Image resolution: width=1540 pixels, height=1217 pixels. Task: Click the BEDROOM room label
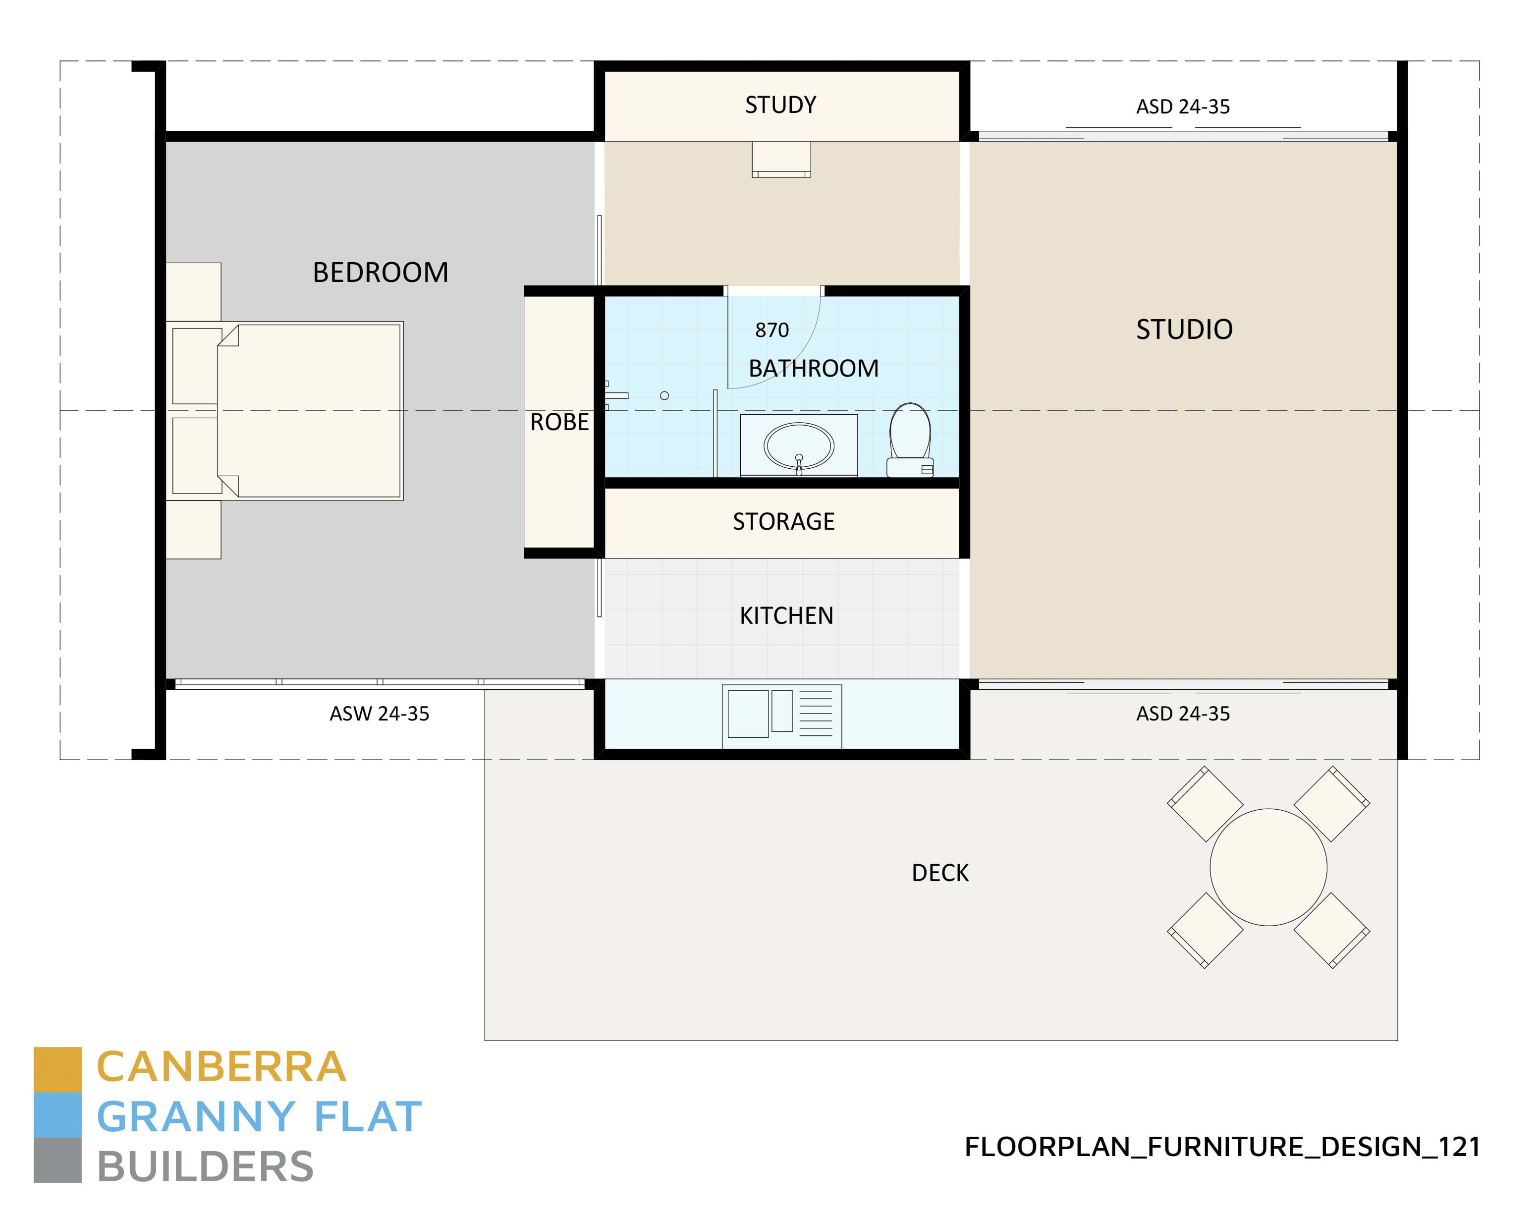click(x=381, y=273)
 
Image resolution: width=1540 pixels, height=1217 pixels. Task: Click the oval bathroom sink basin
click(x=799, y=446)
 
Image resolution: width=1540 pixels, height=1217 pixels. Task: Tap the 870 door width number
click(x=771, y=331)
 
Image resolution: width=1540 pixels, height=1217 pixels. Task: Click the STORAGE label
click(x=783, y=522)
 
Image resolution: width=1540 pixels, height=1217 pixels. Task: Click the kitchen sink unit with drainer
click(x=781, y=716)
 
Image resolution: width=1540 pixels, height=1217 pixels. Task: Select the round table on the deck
click(x=1268, y=867)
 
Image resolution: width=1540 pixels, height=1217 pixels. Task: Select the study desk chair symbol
click(x=781, y=160)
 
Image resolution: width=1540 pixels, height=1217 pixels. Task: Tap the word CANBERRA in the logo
click(x=221, y=1067)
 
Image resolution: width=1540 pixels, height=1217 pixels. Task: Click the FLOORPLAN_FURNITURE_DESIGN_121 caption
click(x=1222, y=1147)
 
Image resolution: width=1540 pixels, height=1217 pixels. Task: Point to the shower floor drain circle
click(x=664, y=396)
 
